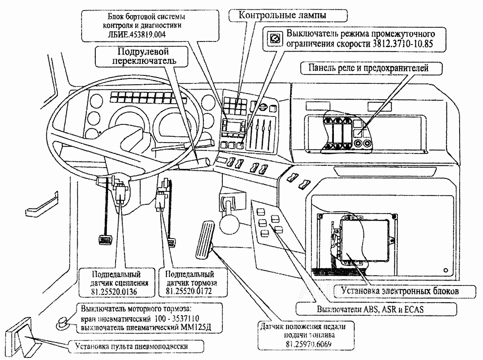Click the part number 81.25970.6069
tap(308, 344)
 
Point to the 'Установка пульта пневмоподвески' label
tap(131, 346)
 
